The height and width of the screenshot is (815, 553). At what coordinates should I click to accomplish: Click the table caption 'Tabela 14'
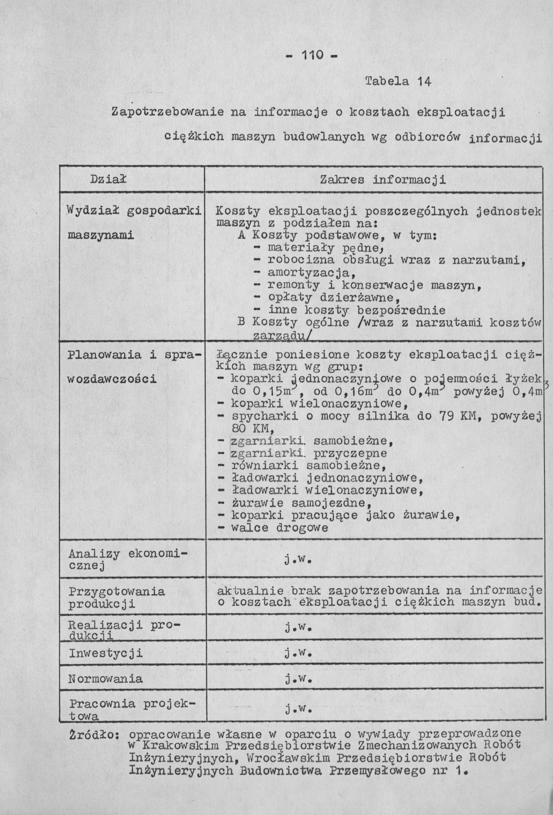(398, 82)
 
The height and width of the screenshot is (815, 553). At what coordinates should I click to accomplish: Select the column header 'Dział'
(108, 180)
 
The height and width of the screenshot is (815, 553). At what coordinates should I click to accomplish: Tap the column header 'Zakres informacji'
(383, 180)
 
